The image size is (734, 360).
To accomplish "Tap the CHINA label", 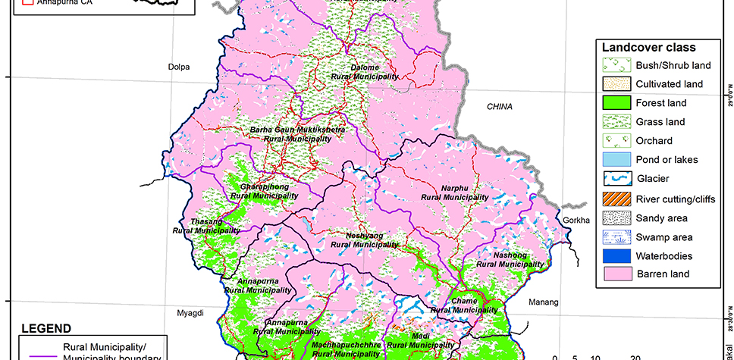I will coord(500,106).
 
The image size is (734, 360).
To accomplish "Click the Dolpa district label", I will coord(178,67).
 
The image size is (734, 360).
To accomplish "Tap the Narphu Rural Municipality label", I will coord(454,193).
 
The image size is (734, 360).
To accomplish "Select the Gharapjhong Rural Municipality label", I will coord(265,191).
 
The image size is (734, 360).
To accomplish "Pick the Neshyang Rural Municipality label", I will coord(372,240).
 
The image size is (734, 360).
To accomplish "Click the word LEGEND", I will coord(45,328).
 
